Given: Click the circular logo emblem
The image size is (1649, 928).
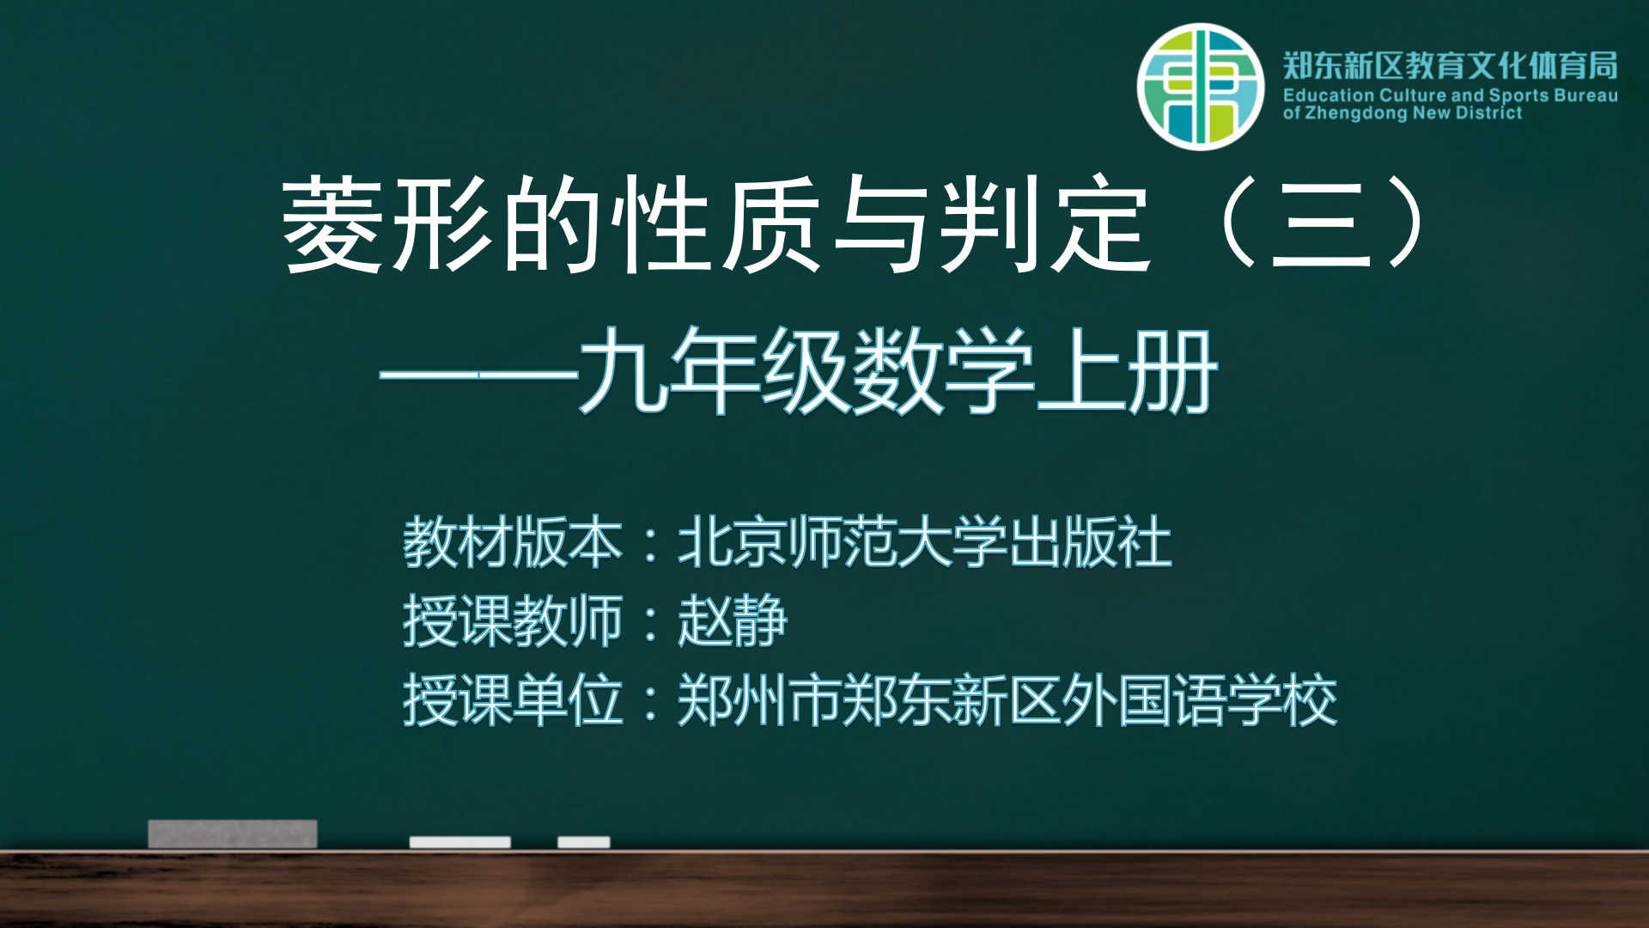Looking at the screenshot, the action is click(x=1201, y=87).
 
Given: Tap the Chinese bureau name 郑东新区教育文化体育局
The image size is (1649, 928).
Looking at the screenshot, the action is click(x=1451, y=65).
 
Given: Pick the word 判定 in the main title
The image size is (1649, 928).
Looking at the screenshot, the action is click(x=1045, y=225).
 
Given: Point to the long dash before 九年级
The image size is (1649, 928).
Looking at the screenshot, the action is click(x=478, y=375).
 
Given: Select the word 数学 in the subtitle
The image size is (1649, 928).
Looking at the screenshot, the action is click(x=943, y=371).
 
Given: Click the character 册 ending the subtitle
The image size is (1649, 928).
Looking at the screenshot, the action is click(x=1173, y=371).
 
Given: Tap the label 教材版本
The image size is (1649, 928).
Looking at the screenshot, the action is click(x=513, y=542).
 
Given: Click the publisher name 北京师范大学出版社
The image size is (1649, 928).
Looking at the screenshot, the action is click(x=925, y=542).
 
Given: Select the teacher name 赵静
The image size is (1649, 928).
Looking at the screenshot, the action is click(x=733, y=620).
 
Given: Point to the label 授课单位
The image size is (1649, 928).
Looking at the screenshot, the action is click(x=513, y=699).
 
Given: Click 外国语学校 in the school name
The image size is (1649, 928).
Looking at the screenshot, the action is click(x=1200, y=699).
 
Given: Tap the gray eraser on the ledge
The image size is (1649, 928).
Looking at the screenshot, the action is click(x=233, y=833).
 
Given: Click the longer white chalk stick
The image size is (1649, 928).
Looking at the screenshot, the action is click(x=459, y=842).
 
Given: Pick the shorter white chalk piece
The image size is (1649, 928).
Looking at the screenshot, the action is click(x=584, y=842).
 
